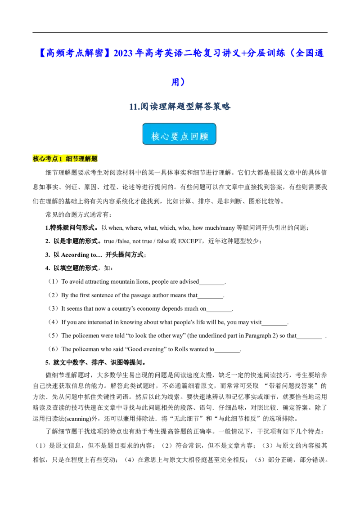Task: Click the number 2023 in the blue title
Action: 123,54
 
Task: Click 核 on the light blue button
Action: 156,136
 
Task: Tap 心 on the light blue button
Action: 167,136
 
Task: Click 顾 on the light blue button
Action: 205,136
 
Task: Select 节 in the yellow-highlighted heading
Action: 76,159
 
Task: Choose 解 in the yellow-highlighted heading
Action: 88,159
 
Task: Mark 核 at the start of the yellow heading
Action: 36,159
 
